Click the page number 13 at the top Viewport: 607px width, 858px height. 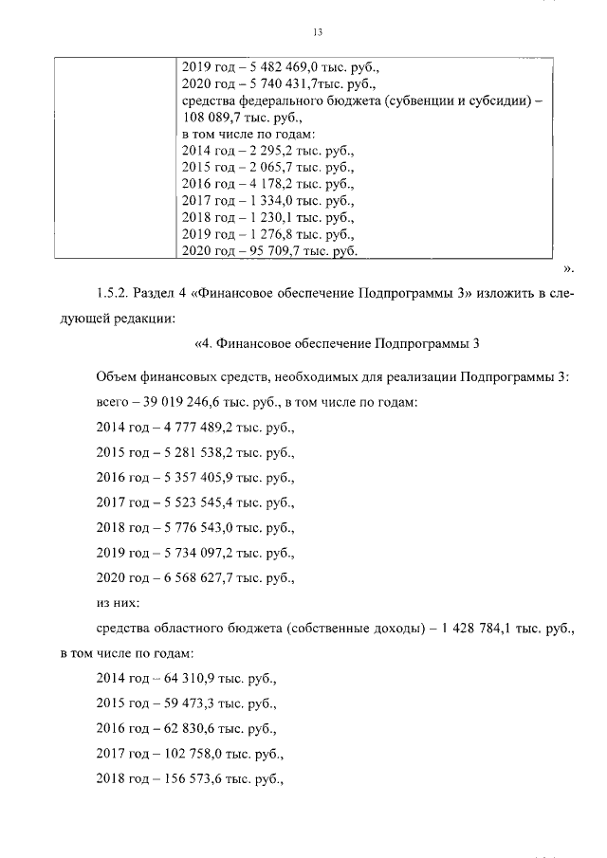(x=318, y=33)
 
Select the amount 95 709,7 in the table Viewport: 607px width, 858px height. (x=268, y=251)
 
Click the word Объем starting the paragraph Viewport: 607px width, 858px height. (x=118, y=376)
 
